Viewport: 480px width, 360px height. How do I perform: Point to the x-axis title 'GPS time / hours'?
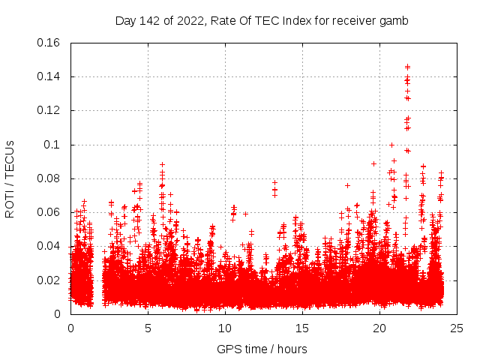click(x=262, y=349)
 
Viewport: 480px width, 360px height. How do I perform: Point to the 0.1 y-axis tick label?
click(x=52, y=145)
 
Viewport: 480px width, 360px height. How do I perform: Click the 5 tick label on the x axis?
click(x=148, y=328)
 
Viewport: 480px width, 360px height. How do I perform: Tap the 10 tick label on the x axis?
click(x=225, y=328)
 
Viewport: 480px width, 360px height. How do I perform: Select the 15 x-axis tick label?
click(x=302, y=328)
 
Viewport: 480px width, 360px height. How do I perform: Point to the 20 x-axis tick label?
click(x=379, y=328)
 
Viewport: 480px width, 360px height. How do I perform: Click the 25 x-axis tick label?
click(x=457, y=328)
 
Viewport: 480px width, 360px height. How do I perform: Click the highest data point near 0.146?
click(x=407, y=66)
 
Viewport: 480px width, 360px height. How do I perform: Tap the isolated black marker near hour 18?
click(x=347, y=184)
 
